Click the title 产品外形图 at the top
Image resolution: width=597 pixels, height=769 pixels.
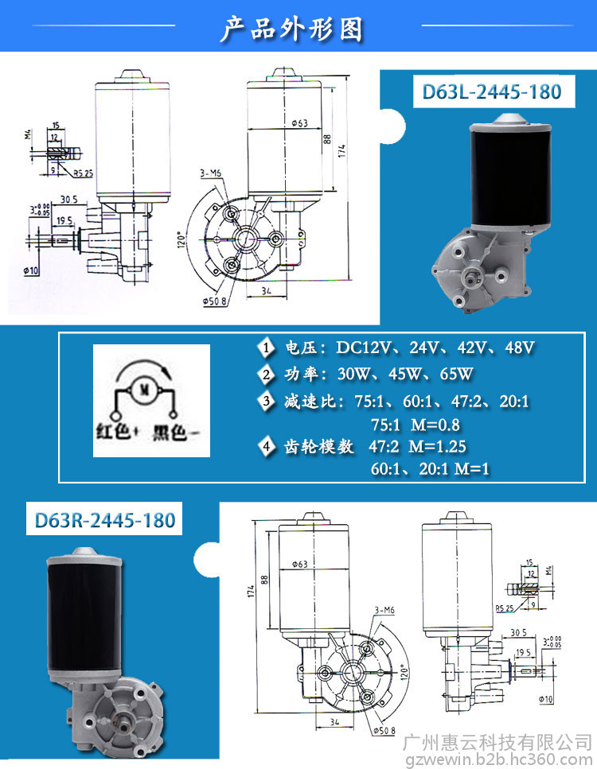[291, 29]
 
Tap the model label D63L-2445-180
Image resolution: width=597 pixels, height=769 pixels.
[492, 91]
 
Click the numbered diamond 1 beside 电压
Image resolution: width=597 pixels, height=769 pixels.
[265, 348]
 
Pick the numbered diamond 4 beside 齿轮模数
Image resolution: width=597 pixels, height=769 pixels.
[265, 446]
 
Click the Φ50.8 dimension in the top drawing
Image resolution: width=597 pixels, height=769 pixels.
[216, 301]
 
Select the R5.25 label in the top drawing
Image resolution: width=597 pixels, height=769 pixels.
[84, 173]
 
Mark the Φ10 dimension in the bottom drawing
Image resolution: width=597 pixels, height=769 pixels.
[545, 700]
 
